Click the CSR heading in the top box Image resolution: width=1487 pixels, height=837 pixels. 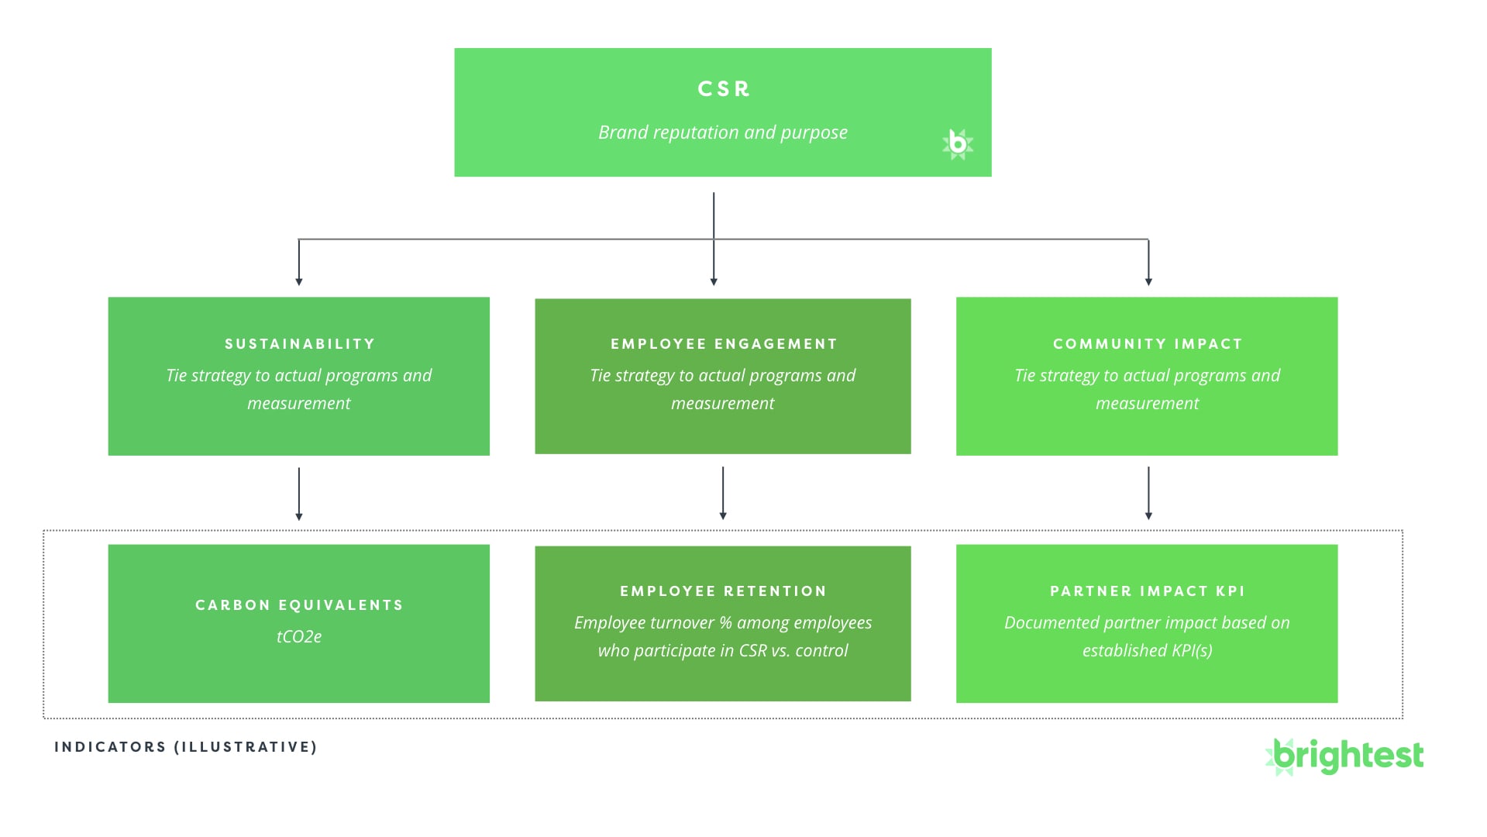click(x=723, y=89)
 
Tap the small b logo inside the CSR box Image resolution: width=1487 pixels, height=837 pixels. click(x=958, y=144)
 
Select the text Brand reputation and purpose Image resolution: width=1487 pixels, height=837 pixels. click(x=722, y=133)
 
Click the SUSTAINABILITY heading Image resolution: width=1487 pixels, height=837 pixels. click(x=299, y=344)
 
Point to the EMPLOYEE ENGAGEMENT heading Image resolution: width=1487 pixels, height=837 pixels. click(x=723, y=344)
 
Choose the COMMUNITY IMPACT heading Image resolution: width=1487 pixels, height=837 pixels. click(x=1147, y=344)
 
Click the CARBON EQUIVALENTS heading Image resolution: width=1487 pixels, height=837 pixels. click(x=299, y=605)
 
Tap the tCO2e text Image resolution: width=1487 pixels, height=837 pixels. click(x=299, y=637)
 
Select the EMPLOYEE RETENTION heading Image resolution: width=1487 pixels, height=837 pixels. click(x=723, y=591)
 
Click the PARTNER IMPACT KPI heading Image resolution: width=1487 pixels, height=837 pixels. click(x=1147, y=591)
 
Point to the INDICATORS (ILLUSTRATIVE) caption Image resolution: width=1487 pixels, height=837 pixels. click(x=186, y=747)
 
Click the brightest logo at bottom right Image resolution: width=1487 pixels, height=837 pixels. click(x=1345, y=756)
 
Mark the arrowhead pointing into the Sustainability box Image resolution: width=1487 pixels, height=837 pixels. click(x=299, y=281)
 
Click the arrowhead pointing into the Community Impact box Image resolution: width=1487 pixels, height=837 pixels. click(x=1148, y=281)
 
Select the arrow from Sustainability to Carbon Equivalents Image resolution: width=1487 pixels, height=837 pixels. click(x=299, y=493)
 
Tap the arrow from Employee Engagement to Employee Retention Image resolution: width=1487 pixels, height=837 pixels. click(x=723, y=493)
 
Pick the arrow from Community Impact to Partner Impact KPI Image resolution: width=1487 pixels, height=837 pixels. click(x=1148, y=493)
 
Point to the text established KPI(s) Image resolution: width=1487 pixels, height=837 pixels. click(x=1147, y=651)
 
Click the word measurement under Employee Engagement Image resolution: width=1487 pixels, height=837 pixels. click(x=722, y=404)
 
